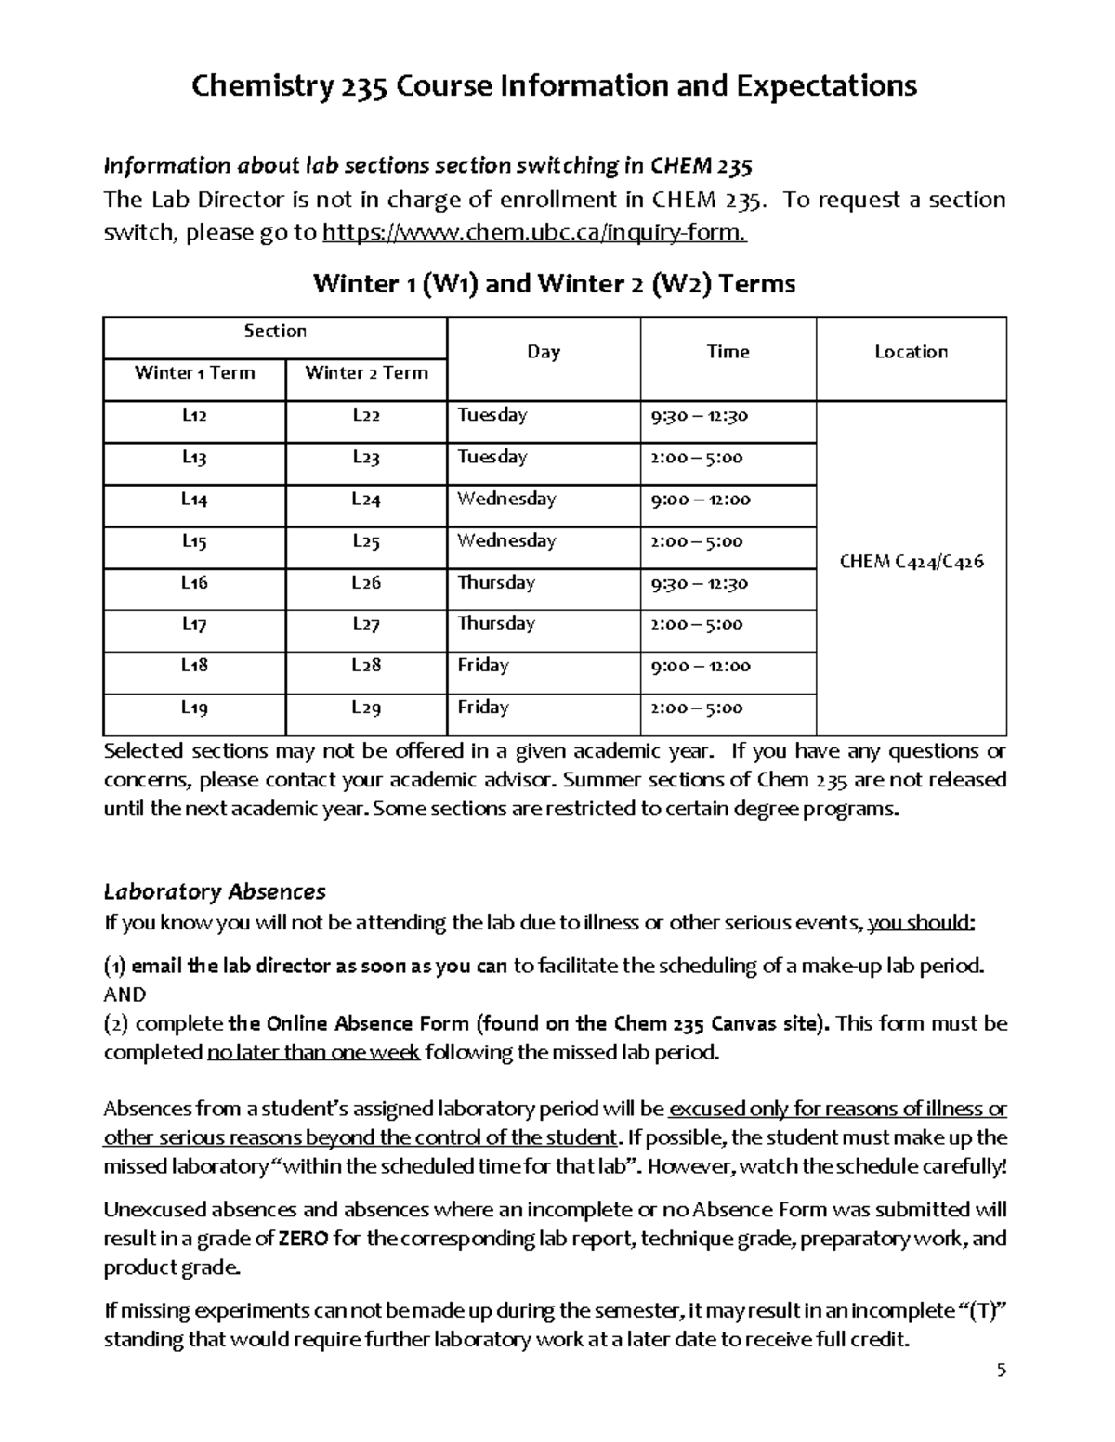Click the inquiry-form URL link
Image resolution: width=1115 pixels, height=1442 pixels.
533,232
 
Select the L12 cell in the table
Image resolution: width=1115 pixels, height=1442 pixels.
194,416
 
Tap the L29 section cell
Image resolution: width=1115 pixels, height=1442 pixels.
366,708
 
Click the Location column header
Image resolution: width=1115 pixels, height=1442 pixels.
911,352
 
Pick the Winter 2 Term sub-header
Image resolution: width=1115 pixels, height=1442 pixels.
366,373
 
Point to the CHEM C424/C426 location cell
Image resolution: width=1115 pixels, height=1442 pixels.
911,562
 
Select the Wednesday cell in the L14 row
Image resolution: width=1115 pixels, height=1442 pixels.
506,500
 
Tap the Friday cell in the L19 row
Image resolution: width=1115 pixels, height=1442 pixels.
483,708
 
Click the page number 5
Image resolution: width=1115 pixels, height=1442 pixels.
1001,1371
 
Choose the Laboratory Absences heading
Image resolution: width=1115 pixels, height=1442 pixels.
215,892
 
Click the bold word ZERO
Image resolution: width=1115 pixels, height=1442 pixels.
303,1239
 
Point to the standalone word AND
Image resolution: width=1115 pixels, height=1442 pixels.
125,994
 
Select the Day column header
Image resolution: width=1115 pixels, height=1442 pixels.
544,352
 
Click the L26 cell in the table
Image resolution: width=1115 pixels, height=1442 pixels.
366,583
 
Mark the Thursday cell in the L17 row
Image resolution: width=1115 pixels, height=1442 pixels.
496,624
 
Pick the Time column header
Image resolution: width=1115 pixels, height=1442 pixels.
728,352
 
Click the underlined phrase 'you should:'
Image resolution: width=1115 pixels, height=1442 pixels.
921,923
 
